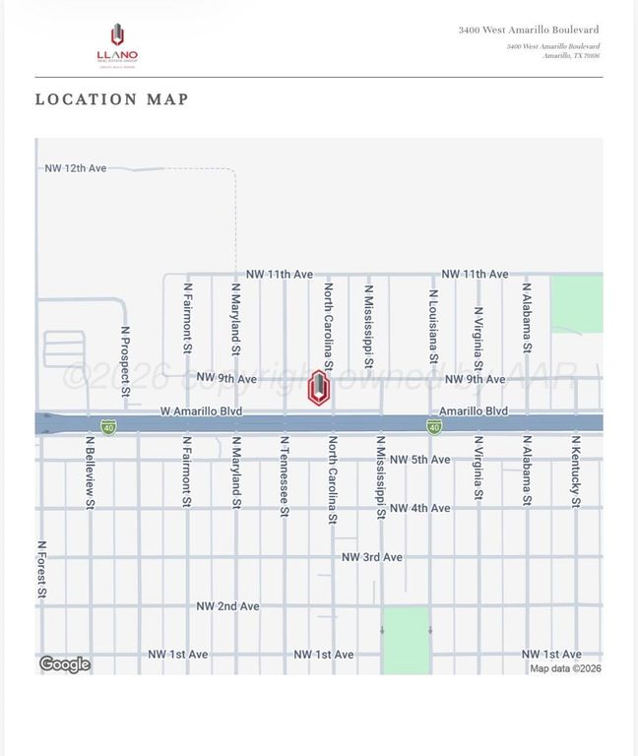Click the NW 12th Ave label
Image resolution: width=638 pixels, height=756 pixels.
(x=75, y=168)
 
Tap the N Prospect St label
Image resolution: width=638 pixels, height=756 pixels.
(x=125, y=362)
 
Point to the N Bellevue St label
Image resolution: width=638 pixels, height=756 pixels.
(x=90, y=472)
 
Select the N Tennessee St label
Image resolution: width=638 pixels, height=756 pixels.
(x=285, y=476)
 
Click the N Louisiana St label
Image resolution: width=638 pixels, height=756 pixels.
(x=432, y=326)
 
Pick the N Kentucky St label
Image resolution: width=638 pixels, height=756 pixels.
(x=576, y=472)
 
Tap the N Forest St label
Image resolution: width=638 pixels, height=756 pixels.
(x=41, y=569)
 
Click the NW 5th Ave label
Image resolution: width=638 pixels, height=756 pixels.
(x=419, y=460)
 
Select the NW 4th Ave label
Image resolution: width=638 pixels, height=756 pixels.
(x=419, y=508)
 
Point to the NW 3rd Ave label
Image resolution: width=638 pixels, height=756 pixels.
(x=371, y=557)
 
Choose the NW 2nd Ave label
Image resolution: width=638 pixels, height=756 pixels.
(x=227, y=606)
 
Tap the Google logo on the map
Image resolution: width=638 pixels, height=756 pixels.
(x=65, y=664)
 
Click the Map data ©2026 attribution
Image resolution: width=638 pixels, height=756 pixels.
(x=565, y=668)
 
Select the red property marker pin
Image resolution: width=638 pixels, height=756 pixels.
(x=318, y=387)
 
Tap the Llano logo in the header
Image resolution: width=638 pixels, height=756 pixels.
(x=117, y=44)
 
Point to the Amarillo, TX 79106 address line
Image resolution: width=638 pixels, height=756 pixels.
(x=571, y=56)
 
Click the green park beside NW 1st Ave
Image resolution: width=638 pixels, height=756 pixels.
(x=406, y=640)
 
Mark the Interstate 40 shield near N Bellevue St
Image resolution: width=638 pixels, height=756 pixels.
(x=108, y=427)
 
